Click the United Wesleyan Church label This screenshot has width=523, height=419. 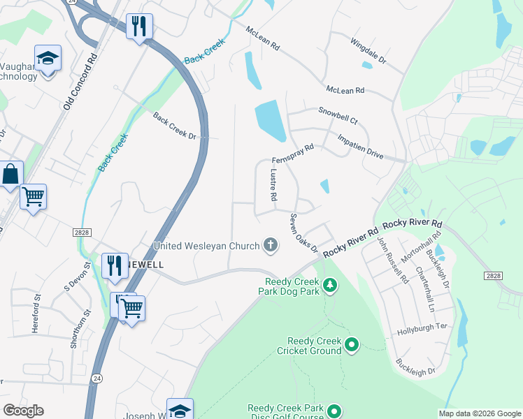[206, 246]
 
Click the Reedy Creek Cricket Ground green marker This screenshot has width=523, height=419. [352, 344]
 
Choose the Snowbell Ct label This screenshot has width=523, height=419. [338, 115]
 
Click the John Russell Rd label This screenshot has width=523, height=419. [392, 259]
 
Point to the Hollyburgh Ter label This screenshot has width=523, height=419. [422, 329]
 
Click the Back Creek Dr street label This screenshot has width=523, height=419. [174, 125]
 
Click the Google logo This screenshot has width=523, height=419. [23, 411]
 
